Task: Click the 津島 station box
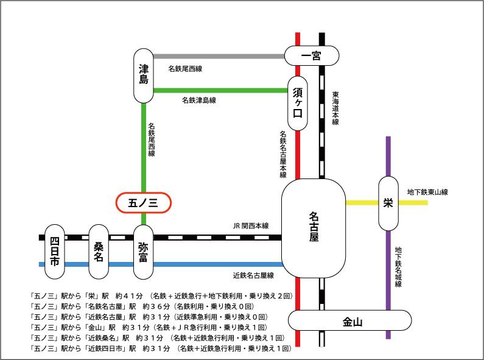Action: tap(144, 75)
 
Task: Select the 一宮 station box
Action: tap(311, 56)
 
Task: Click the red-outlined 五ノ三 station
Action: tap(144, 203)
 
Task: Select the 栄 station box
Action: tap(388, 203)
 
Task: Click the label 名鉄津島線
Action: tap(198, 99)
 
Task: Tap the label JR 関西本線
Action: tap(251, 225)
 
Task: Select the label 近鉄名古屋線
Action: tap(253, 275)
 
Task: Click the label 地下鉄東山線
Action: tap(427, 192)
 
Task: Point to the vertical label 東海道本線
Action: tap(335, 108)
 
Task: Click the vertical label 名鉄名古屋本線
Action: tap(284, 154)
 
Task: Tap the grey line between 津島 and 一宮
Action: tap(219, 57)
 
